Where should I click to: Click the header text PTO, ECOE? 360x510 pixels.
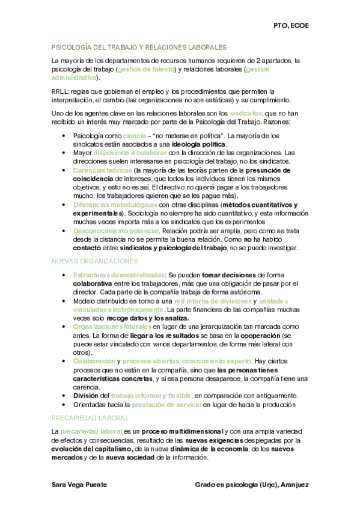[291, 26]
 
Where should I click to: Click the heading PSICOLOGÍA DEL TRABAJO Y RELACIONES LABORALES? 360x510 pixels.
[139, 46]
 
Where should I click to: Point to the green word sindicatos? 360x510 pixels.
[246, 113]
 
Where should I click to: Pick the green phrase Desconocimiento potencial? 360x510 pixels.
[115, 230]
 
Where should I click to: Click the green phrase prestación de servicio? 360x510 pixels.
[166, 405]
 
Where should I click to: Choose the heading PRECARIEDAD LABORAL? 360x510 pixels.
[90, 417]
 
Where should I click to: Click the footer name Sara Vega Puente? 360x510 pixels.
[79, 484]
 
